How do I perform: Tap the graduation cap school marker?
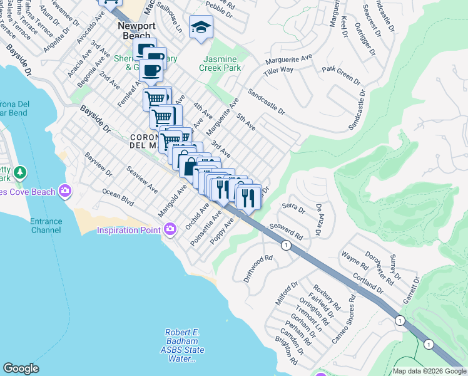[201, 27]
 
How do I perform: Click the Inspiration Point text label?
[126, 230]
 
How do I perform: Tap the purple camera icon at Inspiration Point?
[169, 230]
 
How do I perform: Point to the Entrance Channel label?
[46, 225]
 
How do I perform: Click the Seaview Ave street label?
[143, 179]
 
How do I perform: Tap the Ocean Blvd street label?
[118, 199]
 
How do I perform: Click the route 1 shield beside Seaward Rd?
[286, 246]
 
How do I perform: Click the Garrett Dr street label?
[412, 291]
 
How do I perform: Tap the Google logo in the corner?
[21, 368]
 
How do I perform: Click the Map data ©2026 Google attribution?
[429, 371]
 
